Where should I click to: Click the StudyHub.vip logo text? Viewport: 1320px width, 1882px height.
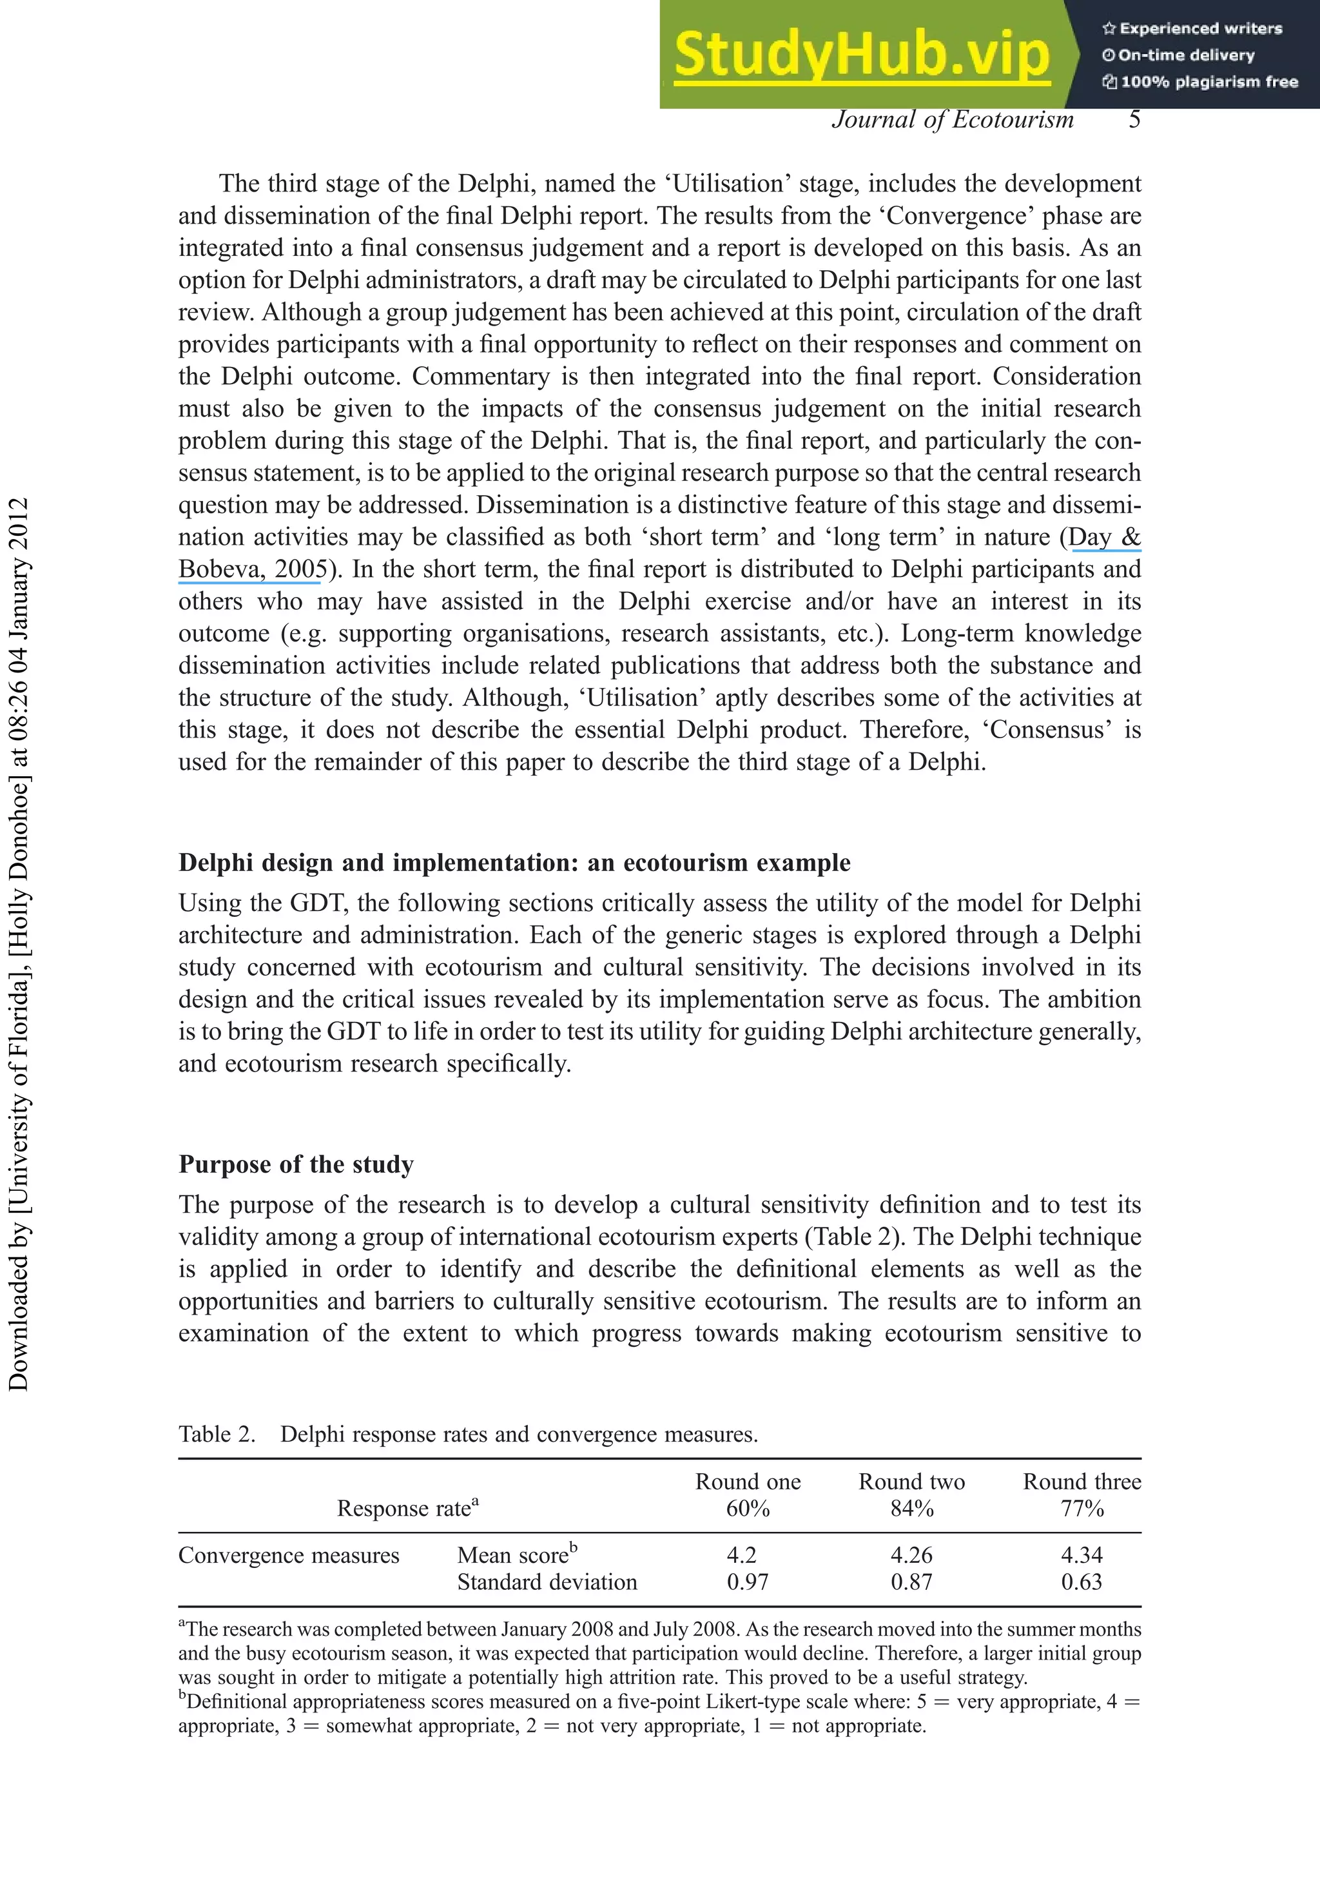pos(861,55)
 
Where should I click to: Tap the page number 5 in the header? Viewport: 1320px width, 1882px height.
pos(1134,120)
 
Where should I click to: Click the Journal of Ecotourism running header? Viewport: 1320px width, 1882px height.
pos(952,120)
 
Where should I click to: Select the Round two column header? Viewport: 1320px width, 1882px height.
pos(911,1481)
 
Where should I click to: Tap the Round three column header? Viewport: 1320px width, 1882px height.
pos(1081,1481)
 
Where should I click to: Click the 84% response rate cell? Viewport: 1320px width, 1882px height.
pos(911,1508)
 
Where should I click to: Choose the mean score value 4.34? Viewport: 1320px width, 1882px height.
pos(1081,1555)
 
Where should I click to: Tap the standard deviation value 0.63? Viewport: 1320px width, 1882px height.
pos(1081,1582)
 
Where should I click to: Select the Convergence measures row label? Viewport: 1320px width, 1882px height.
pos(288,1556)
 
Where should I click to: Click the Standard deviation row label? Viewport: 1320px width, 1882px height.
pos(547,1582)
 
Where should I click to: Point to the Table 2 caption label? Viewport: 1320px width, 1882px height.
pos(217,1435)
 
